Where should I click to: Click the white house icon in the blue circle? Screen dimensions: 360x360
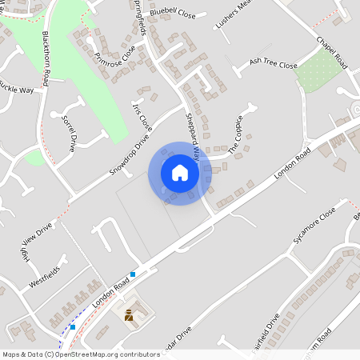(x=179, y=173)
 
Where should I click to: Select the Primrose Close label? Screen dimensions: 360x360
(x=114, y=50)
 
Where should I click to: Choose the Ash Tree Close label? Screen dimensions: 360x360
(x=273, y=65)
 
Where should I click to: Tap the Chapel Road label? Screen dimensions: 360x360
(x=331, y=51)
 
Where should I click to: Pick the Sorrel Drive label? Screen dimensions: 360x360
(x=67, y=132)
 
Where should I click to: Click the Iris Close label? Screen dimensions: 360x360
(x=142, y=116)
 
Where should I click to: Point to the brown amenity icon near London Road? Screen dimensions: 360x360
(x=127, y=314)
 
